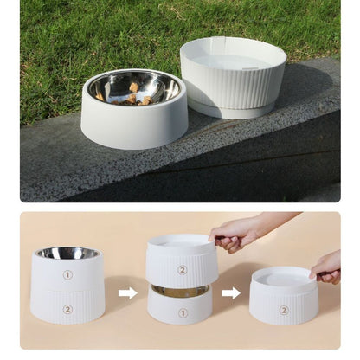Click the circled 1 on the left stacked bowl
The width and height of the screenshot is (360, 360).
(67, 275)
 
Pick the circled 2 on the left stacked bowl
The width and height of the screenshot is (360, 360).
(67, 309)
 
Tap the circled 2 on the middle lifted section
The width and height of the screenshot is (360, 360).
(182, 269)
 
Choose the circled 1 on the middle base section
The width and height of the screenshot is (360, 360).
(182, 312)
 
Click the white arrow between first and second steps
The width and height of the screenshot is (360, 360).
(127, 293)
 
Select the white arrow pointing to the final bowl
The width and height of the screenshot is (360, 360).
(231, 293)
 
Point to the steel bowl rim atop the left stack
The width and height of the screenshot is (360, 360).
(67, 253)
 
